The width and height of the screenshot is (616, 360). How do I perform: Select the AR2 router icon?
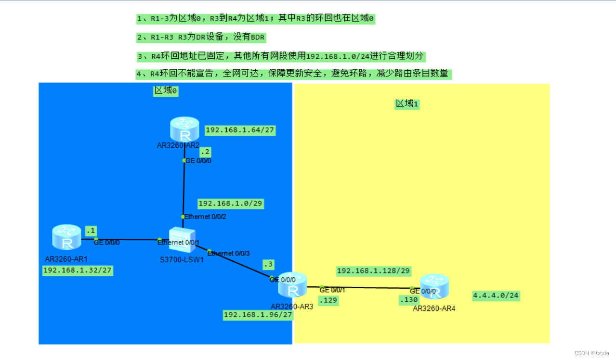[184, 129]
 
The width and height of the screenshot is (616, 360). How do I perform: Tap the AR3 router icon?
[292, 285]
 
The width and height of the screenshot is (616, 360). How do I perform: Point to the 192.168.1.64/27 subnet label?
[240, 130]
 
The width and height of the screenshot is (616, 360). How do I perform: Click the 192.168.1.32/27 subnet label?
[78, 270]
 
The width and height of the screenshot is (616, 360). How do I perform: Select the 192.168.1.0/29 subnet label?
[230, 204]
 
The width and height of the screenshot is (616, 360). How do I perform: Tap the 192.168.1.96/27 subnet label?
[258, 315]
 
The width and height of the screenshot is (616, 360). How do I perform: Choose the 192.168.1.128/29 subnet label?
[373, 271]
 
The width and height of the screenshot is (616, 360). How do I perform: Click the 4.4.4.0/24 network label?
[496, 296]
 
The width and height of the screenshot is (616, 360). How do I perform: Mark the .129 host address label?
[328, 300]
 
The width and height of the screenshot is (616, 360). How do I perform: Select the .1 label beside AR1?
[91, 231]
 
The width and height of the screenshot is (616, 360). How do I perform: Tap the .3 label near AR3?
[268, 264]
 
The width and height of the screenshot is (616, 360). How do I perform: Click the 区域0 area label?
[166, 90]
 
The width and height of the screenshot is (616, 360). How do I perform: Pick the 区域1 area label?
[407, 103]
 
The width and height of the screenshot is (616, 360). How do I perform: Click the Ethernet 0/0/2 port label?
[205, 217]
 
